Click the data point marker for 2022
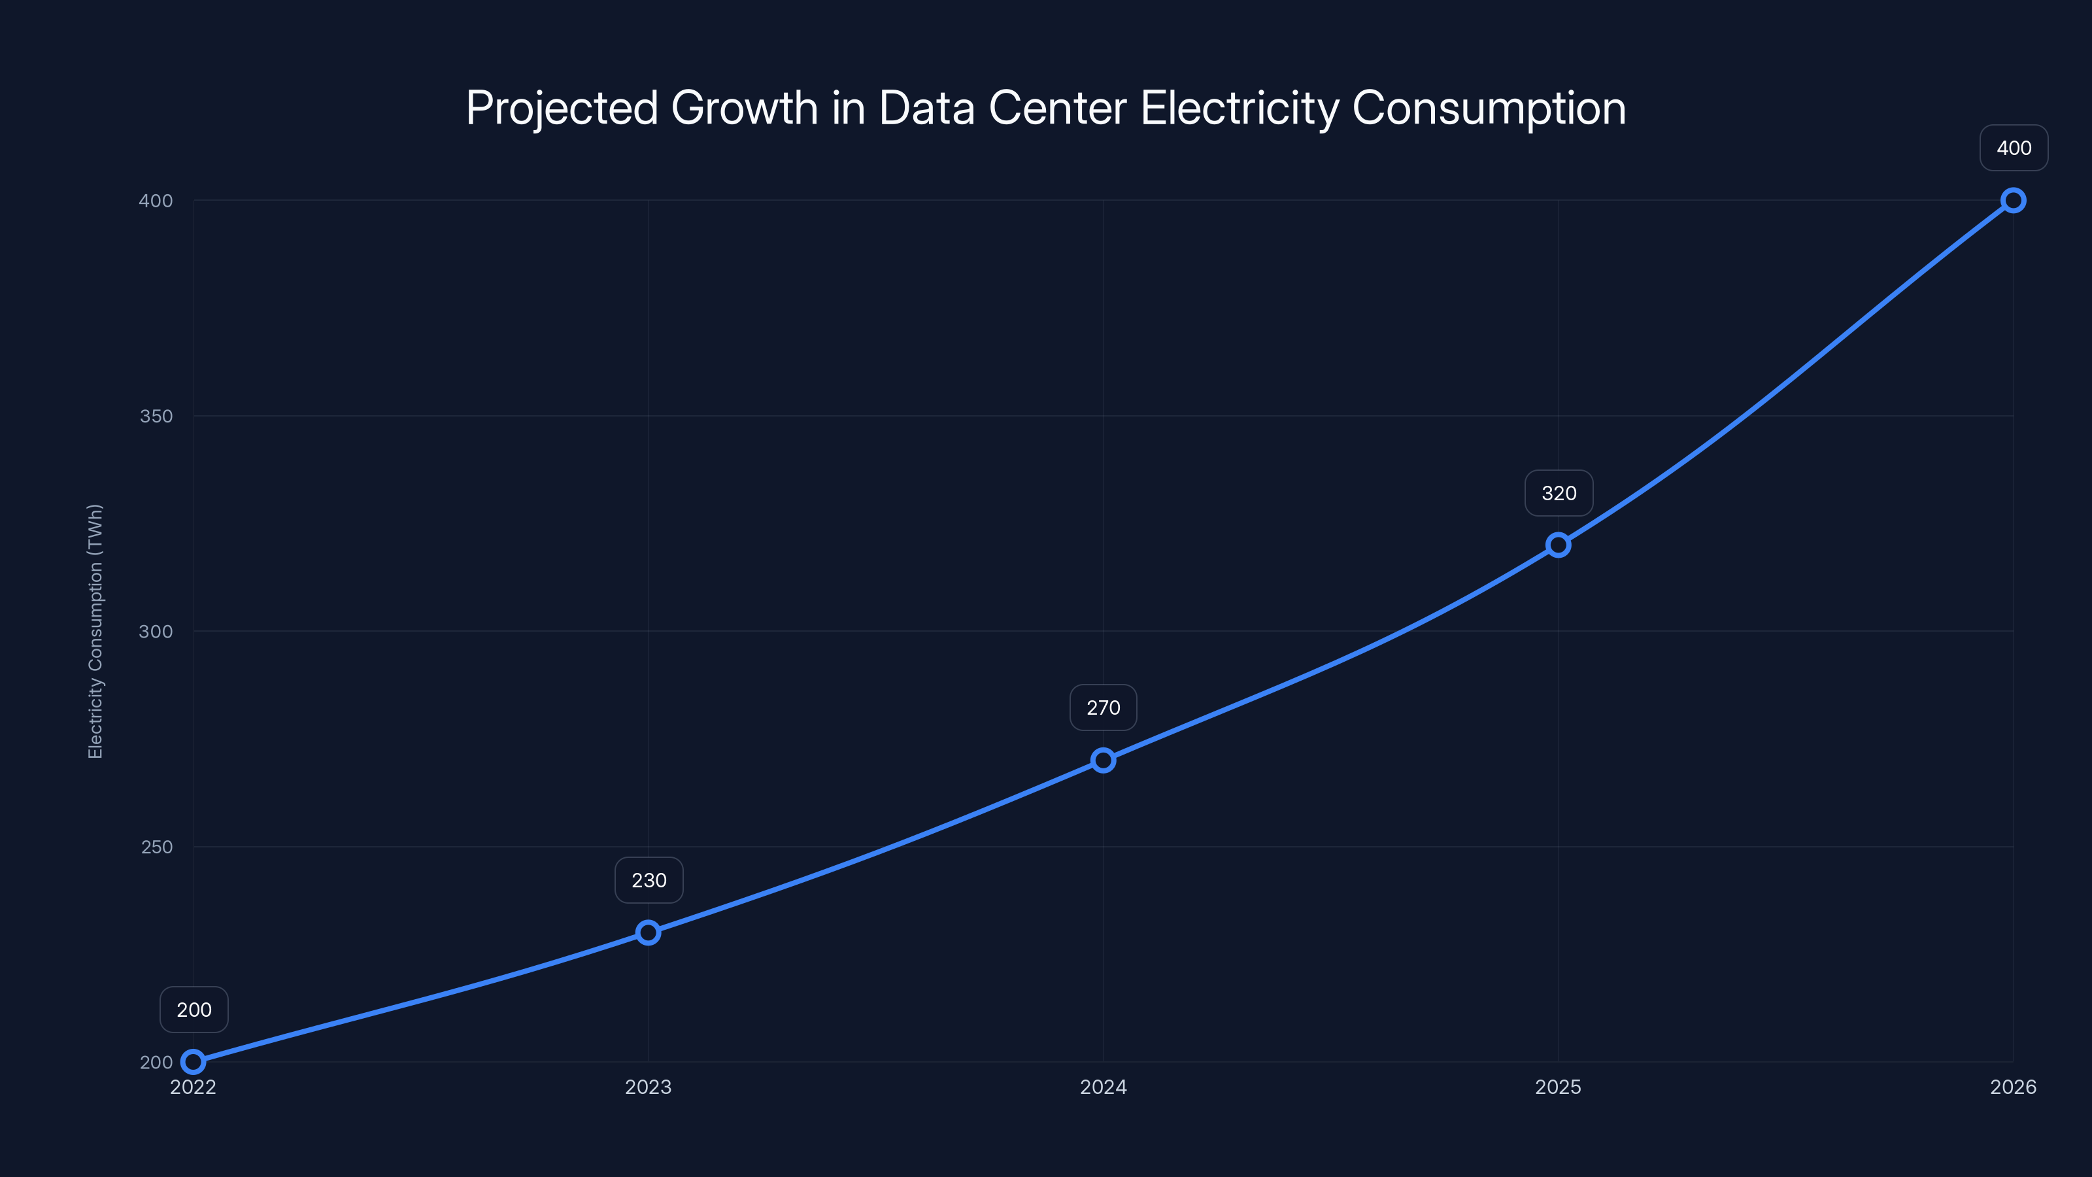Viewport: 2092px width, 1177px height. tap(194, 1062)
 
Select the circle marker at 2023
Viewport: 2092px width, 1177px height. tap(648, 932)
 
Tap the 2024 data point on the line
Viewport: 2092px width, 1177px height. tap(1103, 760)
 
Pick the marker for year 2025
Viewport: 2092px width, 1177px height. tap(1558, 545)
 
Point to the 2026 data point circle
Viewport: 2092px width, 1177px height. tap(2014, 201)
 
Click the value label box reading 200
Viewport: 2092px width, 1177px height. tap(194, 1010)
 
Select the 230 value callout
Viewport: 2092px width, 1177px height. tap(649, 881)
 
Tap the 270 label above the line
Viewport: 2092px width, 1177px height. tap(1103, 708)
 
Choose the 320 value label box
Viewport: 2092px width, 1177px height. tap(1559, 493)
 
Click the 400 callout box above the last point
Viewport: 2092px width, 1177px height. tap(2014, 148)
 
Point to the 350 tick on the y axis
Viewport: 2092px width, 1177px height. tap(156, 416)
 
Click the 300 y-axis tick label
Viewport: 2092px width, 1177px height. tap(156, 631)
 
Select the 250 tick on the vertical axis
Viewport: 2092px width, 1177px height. tap(157, 846)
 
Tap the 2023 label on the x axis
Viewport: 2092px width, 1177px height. tap(648, 1087)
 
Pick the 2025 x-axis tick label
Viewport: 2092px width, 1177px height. tap(1558, 1087)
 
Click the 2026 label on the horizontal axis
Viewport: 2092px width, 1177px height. tap(2014, 1087)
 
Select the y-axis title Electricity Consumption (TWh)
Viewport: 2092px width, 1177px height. tap(95, 631)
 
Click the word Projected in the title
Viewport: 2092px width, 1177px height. tap(561, 108)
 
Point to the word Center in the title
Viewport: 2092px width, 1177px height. tap(1057, 108)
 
